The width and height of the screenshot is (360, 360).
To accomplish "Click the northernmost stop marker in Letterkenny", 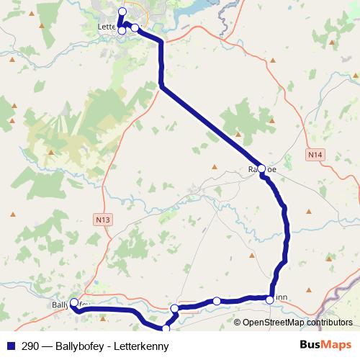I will (x=122, y=12).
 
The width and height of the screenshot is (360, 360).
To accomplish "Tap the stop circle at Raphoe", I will (x=262, y=169).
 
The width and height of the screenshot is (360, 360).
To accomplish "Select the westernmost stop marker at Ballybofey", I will (x=74, y=303).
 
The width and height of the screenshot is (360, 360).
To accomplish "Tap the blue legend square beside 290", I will (x=11, y=346).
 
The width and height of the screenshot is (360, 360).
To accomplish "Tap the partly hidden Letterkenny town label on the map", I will (x=107, y=27).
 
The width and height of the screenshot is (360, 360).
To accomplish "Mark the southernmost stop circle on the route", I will (x=167, y=329).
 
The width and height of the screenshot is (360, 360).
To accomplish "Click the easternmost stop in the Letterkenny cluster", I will (x=135, y=28).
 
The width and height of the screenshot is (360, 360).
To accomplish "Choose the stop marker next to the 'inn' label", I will (x=269, y=297).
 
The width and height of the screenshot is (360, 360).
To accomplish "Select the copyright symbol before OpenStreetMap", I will (x=238, y=322).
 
